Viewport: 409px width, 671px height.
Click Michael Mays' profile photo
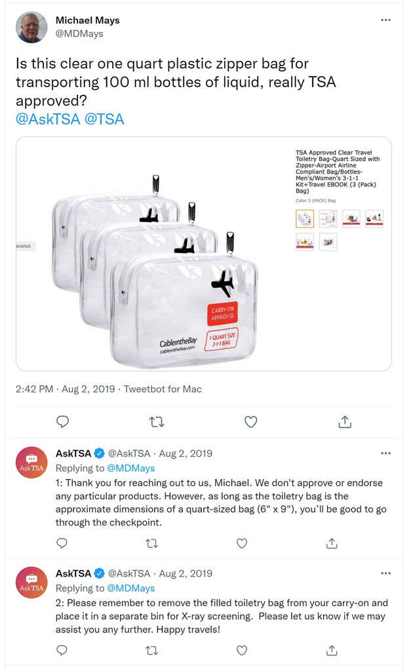[x=31, y=27]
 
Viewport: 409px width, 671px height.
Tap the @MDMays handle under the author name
[x=79, y=33]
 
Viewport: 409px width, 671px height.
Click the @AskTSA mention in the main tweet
[x=48, y=119]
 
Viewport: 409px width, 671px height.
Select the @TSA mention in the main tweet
[x=104, y=119]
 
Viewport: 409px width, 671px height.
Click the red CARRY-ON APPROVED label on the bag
[x=222, y=316]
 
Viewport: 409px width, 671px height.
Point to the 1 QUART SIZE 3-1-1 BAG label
[x=222, y=340]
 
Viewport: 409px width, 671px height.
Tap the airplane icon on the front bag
[x=222, y=283]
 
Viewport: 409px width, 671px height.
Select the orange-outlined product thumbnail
[x=305, y=218]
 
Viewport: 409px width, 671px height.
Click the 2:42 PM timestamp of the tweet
[x=34, y=389]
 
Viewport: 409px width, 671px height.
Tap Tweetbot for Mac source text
[x=163, y=389]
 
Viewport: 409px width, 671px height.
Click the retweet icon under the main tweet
[x=157, y=422]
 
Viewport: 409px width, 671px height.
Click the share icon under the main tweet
[x=345, y=422]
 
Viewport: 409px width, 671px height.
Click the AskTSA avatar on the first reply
[x=31, y=463]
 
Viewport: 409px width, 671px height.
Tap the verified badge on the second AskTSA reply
[x=99, y=573]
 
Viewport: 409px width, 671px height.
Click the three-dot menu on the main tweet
[x=386, y=20]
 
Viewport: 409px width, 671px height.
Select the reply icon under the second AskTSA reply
[x=62, y=650]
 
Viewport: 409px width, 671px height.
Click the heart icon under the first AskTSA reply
[x=242, y=543]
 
